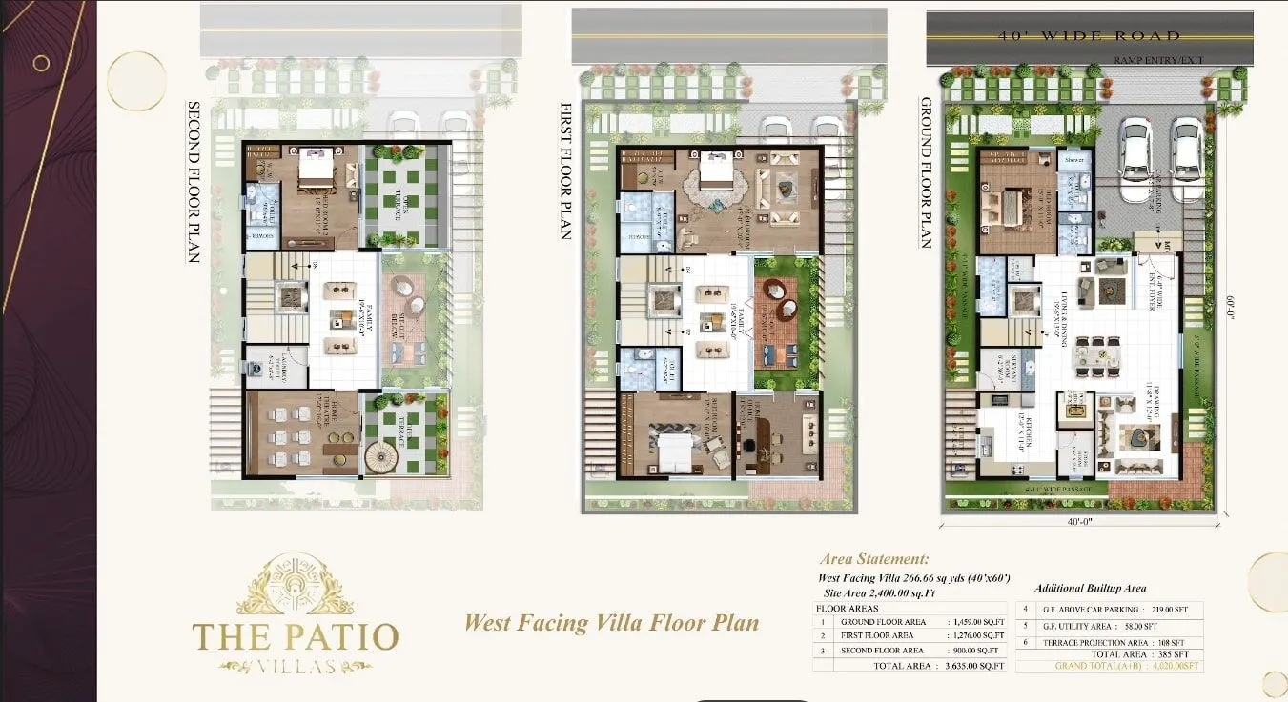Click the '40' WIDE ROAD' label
tap(1090, 36)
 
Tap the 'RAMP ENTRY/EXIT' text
tap(1158, 60)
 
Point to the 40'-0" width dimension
tap(1080, 522)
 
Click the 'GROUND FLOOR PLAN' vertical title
tap(924, 172)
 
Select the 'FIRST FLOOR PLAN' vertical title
tap(565, 170)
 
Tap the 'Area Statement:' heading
tap(874, 560)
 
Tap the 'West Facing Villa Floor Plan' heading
tap(611, 623)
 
